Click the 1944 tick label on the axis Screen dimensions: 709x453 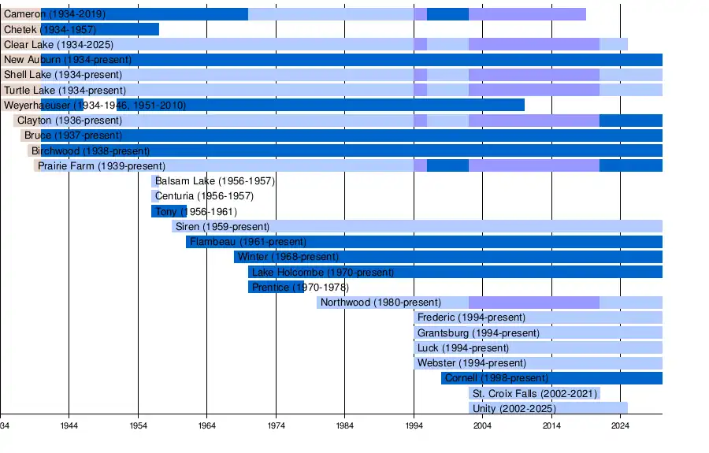coord(69,426)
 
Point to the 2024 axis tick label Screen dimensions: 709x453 coord(620,426)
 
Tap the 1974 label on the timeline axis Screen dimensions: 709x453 coord(276,426)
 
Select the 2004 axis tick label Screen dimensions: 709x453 coord(482,426)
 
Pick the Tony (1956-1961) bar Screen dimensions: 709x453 coord(169,212)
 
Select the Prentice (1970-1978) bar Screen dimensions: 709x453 coord(276,287)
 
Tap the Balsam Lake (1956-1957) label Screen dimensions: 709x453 coord(215,181)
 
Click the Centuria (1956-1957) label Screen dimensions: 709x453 coord(204,196)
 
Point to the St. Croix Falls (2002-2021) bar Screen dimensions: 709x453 coord(534,393)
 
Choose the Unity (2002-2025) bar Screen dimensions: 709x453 coord(548,408)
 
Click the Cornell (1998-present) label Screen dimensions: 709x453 coord(496,378)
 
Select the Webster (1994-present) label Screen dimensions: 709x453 coord(472,363)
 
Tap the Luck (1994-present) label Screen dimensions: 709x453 coord(463,348)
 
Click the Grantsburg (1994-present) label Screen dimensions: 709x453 coord(478,333)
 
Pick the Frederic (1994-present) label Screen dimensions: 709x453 coord(471,317)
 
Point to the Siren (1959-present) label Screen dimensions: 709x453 coord(222,227)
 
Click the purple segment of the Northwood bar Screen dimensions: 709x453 coord(534,303)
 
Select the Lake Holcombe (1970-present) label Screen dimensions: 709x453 coord(323,272)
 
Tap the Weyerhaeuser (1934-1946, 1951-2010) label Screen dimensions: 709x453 coord(95,106)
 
